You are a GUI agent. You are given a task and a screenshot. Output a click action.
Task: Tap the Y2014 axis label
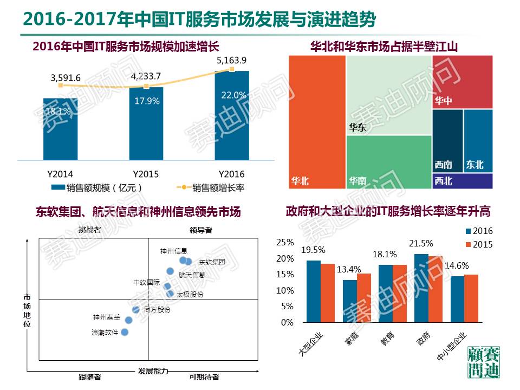61,174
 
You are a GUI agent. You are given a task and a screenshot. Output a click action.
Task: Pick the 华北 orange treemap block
317,122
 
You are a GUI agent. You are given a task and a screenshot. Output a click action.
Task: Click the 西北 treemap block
463,181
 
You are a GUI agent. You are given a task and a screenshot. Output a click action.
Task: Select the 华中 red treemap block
462,81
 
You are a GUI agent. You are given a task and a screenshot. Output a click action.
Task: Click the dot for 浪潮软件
125,332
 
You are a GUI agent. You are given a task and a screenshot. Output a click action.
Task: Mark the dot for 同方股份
136,310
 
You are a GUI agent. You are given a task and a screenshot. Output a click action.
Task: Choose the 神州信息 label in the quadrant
173,251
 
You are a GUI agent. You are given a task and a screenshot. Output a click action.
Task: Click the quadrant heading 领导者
200,230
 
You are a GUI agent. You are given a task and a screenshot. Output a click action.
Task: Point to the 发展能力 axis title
153,371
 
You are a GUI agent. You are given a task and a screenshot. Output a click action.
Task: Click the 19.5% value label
313,250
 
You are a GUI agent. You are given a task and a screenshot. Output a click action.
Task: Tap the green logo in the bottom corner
484,363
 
